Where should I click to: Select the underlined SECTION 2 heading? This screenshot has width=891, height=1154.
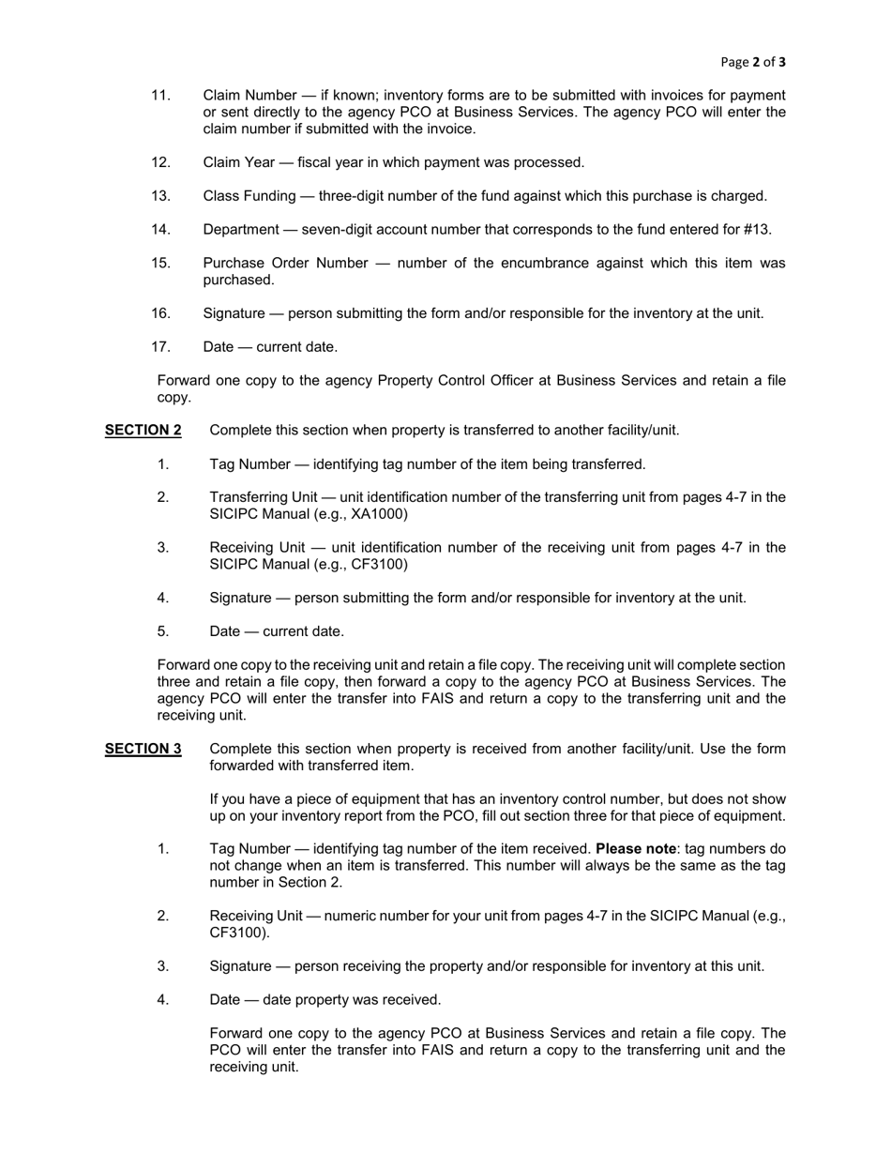pos(143,431)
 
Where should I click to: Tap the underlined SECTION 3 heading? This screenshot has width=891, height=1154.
pos(143,749)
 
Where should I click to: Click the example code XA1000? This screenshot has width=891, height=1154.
pos(379,514)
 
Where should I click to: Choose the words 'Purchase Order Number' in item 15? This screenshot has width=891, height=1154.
pos(285,264)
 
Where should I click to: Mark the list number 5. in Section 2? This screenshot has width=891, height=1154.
pos(163,631)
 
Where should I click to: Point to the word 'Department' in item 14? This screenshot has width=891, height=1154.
pos(241,230)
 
